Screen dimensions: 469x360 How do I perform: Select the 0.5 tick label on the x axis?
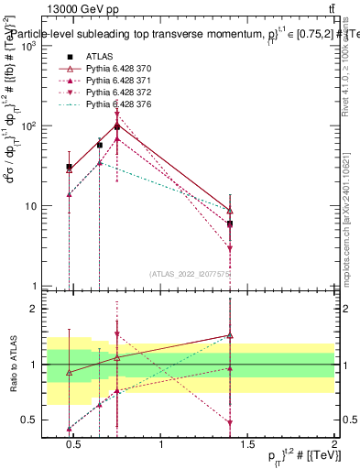pyautogui.click(x=74, y=446)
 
